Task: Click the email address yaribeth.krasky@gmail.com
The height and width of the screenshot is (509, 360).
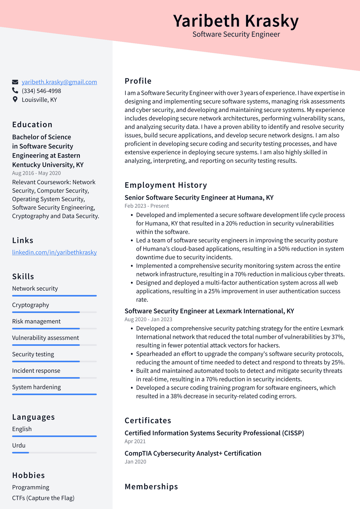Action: [59, 82]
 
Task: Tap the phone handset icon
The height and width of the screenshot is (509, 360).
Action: [15, 91]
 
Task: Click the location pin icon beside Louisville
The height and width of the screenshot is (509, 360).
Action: [15, 99]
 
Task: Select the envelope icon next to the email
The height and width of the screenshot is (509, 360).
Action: [15, 82]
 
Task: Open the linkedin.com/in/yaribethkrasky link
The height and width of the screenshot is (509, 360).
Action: [54, 252]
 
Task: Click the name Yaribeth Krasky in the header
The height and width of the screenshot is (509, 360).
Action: [236, 21]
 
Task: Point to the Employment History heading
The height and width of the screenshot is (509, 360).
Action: [166, 185]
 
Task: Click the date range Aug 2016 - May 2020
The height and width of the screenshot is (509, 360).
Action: [36, 173]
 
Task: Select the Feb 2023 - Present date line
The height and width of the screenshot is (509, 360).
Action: [147, 206]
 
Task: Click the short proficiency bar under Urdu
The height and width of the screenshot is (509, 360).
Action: [21, 453]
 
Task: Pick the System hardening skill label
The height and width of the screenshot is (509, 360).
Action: [36, 387]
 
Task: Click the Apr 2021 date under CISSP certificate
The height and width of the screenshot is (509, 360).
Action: [135, 441]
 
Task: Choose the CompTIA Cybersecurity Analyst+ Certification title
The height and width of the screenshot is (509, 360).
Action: [193, 453]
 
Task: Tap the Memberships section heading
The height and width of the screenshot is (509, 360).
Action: [151, 487]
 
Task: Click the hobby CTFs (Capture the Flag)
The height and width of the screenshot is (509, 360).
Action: [43, 498]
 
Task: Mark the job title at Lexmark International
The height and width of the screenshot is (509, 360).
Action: [209, 311]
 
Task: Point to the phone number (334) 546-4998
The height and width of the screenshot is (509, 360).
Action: [41, 91]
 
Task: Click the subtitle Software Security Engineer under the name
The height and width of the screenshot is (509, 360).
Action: [236, 34]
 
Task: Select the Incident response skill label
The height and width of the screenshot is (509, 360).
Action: [36, 371]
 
